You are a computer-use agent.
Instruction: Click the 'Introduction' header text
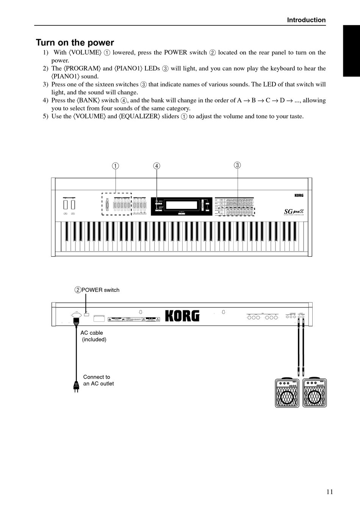(x=306, y=20)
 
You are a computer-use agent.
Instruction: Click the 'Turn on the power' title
(x=75, y=42)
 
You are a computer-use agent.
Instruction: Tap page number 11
(x=329, y=492)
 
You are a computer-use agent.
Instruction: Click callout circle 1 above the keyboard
(x=115, y=166)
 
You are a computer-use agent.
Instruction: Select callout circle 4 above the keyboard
(x=157, y=166)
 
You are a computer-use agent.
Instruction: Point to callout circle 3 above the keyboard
(x=237, y=165)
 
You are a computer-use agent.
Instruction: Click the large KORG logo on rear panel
(x=182, y=316)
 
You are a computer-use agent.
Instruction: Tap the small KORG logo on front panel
(x=299, y=196)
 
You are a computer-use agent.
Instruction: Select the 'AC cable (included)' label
(x=93, y=336)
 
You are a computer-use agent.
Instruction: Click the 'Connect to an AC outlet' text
(x=98, y=380)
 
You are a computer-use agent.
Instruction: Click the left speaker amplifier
(x=287, y=393)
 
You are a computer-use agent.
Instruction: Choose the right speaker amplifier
(x=315, y=393)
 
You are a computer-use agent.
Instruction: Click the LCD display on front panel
(x=182, y=205)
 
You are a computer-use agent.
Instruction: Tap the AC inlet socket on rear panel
(x=77, y=315)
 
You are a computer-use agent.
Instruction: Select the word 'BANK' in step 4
(x=88, y=100)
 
